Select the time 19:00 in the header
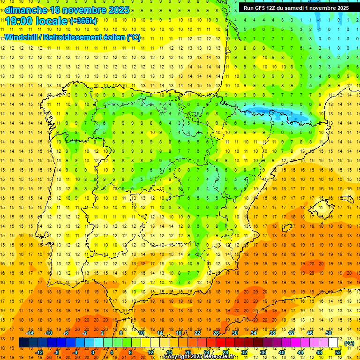19,21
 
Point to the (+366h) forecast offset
83,21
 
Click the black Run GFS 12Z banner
294,7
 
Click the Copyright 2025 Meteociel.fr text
199,357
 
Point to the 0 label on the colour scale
92,352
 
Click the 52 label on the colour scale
338,352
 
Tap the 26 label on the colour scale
216,332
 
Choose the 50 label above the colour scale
329,332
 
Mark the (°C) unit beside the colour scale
349,344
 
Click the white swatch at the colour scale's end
333,343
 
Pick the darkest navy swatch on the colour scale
23,343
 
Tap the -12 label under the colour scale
39,352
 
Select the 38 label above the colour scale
272,332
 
